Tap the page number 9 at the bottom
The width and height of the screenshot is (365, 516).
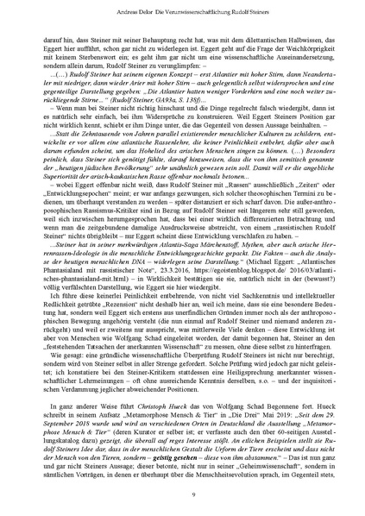(x=182, y=493)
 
